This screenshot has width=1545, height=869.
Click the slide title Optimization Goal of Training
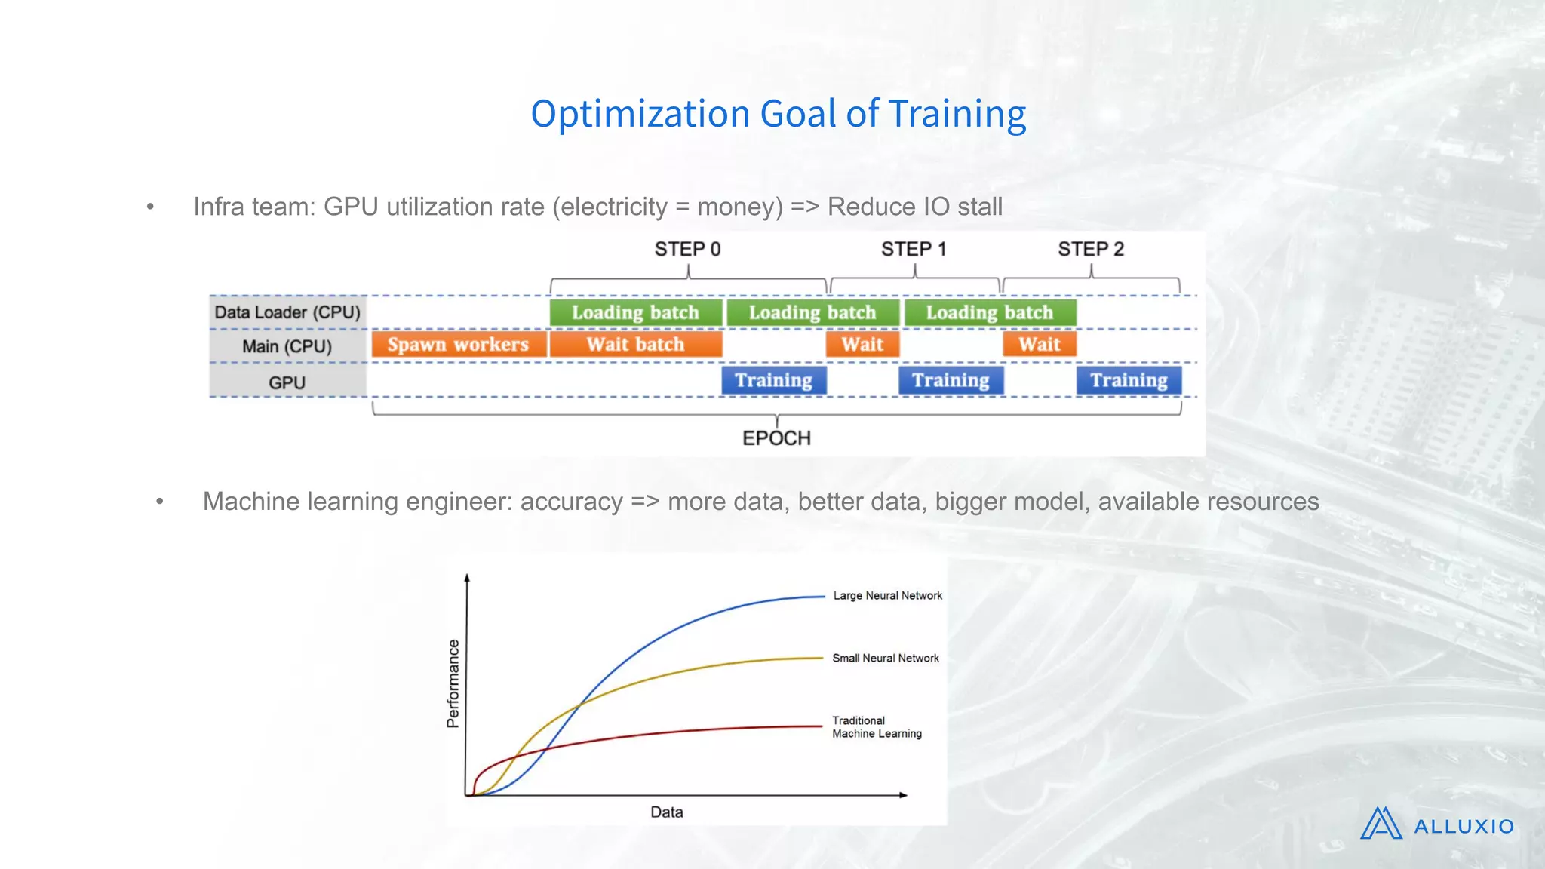coord(778,114)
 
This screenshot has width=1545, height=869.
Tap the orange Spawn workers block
coord(458,345)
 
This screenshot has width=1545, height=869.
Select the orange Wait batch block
coord(635,345)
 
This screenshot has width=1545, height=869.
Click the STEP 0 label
coord(687,249)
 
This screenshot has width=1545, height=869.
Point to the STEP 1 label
coord(914,249)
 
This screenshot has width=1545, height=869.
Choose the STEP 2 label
coord(1090,249)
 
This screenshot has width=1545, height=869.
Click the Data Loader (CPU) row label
coord(287,312)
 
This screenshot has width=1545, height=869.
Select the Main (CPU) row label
coord(287,346)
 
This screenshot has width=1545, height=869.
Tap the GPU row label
coord(287,382)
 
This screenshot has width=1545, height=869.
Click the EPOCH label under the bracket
coord(776,438)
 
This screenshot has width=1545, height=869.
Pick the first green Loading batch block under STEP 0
coord(635,312)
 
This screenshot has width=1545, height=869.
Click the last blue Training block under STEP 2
coord(1129,380)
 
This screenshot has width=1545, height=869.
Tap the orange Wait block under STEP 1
coord(862,345)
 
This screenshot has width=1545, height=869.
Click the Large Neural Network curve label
coord(887,596)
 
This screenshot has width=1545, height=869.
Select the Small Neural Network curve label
coord(886,659)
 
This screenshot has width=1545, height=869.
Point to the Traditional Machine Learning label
coord(876,727)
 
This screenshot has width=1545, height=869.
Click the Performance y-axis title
coord(453,683)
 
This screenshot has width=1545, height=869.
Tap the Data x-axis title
coord(667,812)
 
